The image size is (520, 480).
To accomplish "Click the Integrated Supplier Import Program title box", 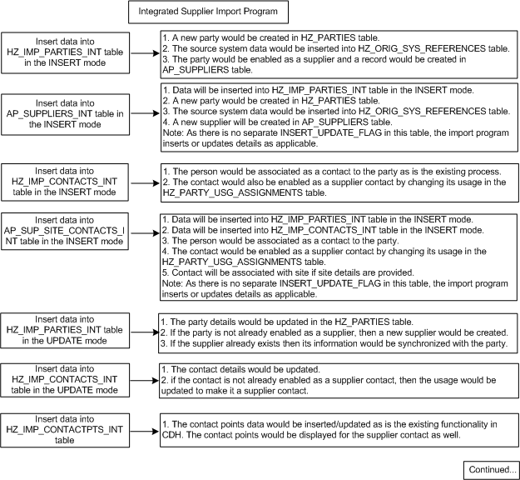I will pyautogui.click(x=208, y=12).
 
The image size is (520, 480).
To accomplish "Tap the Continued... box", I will pyautogui.click(x=491, y=468).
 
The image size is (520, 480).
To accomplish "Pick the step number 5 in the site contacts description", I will pyautogui.click(x=165, y=270).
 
